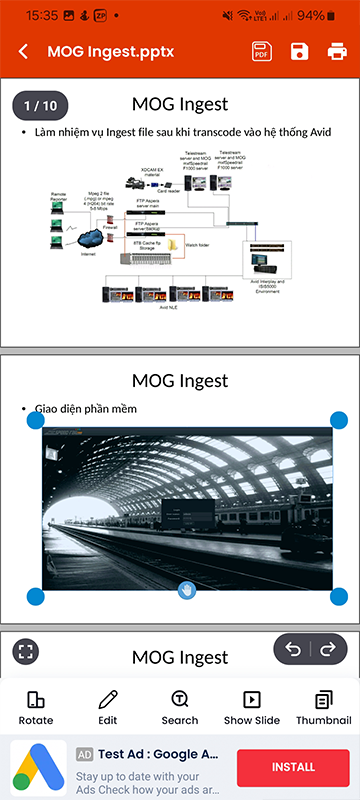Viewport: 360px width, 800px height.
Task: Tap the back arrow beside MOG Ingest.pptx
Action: point(24,52)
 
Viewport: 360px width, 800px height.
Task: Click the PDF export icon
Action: point(262,52)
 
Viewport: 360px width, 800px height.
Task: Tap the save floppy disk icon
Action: point(299,52)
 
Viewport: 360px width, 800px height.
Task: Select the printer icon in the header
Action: point(337,52)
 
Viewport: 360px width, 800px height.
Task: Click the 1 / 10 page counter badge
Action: point(40,105)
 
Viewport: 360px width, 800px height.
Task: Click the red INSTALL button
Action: point(293,767)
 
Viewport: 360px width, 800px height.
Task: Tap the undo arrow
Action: point(293,650)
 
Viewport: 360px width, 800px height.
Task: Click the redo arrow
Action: point(327,650)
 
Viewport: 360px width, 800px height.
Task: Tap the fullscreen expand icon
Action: point(26,652)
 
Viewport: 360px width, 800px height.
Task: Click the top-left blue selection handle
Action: point(35,421)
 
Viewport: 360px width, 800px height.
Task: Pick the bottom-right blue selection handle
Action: point(339,597)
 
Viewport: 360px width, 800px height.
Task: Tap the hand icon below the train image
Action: point(186,591)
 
